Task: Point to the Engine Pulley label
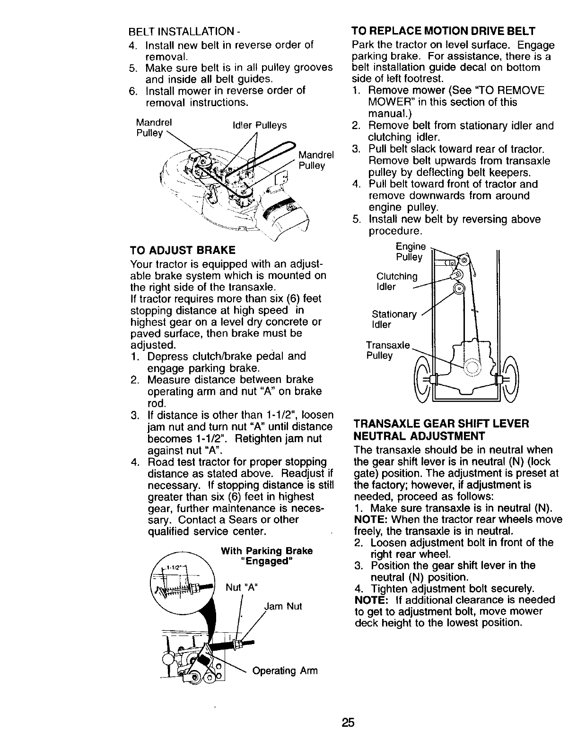pos(410,252)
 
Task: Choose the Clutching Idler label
pos(397,281)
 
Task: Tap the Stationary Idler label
pos(394,320)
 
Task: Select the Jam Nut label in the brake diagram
pos(283,606)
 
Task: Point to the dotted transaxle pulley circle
pos(471,367)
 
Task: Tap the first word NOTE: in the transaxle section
pos(367,519)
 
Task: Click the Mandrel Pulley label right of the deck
pos(316,160)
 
